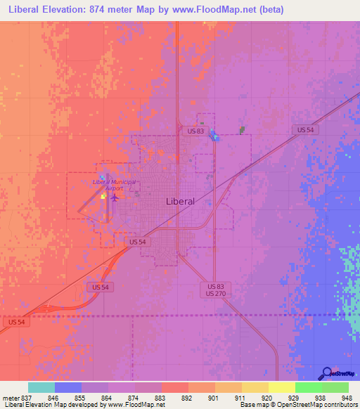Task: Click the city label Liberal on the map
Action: pos(180,201)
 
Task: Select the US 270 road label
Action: pos(216,294)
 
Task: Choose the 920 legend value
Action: pos(267,397)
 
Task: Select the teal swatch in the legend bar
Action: pos(41,387)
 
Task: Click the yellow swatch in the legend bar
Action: pos(282,387)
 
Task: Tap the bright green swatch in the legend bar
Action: pos(309,387)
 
